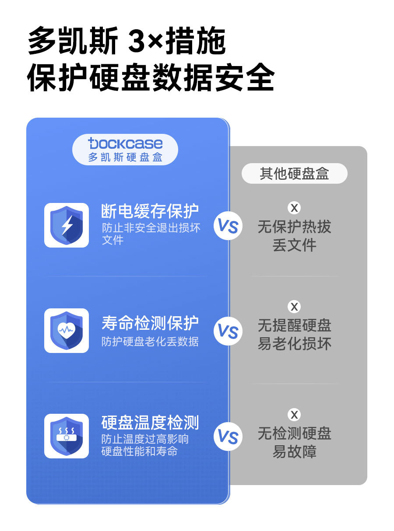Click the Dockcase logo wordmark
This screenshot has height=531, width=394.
[125, 143]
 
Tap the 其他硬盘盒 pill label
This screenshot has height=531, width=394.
[294, 174]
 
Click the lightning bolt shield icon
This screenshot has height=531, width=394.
[67, 225]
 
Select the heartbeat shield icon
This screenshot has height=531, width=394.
[67, 331]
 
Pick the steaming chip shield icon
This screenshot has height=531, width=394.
[67, 436]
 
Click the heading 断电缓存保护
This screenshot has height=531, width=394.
[150, 211]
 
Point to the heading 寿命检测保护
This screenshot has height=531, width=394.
[150, 323]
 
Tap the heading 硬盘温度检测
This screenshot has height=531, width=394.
[150, 423]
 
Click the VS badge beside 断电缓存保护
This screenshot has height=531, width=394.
[228, 226]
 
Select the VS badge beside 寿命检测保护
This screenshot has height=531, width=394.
[228, 331]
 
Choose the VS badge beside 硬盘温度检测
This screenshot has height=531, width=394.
[228, 437]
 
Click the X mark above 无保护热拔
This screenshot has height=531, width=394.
[294, 208]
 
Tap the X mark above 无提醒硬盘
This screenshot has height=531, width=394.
[294, 307]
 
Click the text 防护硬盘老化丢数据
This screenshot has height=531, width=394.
[150, 342]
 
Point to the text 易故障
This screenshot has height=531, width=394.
[294, 452]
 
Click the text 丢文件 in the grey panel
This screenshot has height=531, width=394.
[294, 245]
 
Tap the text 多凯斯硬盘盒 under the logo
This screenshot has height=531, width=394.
[125, 157]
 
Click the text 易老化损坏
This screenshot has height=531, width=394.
[294, 344]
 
